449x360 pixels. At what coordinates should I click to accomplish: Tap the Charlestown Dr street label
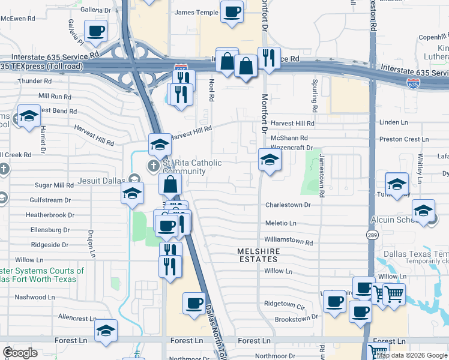click(288, 205)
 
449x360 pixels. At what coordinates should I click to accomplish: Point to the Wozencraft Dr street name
click(292, 148)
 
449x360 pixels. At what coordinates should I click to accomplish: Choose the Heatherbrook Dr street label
click(50, 214)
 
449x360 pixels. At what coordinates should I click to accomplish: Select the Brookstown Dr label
click(295, 319)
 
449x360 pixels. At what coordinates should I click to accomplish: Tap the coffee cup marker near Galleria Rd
click(95, 31)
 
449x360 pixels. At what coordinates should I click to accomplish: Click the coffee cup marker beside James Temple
click(232, 11)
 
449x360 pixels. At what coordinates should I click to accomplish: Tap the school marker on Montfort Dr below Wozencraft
click(269, 160)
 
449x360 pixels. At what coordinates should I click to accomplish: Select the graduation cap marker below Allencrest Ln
click(106, 331)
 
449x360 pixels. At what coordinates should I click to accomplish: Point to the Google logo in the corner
click(20, 353)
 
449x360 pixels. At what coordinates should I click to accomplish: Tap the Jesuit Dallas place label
click(101, 180)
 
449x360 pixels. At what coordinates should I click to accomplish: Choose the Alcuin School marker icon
click(424, 211)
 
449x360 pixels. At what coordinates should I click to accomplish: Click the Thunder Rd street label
click(35, 81)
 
